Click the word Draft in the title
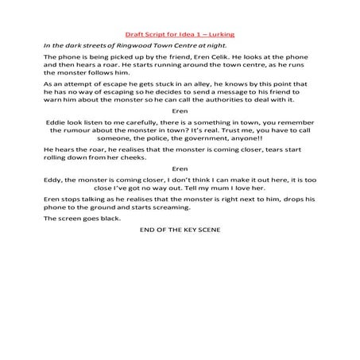(x=137, y=35)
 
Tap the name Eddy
(x=54, y=193)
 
